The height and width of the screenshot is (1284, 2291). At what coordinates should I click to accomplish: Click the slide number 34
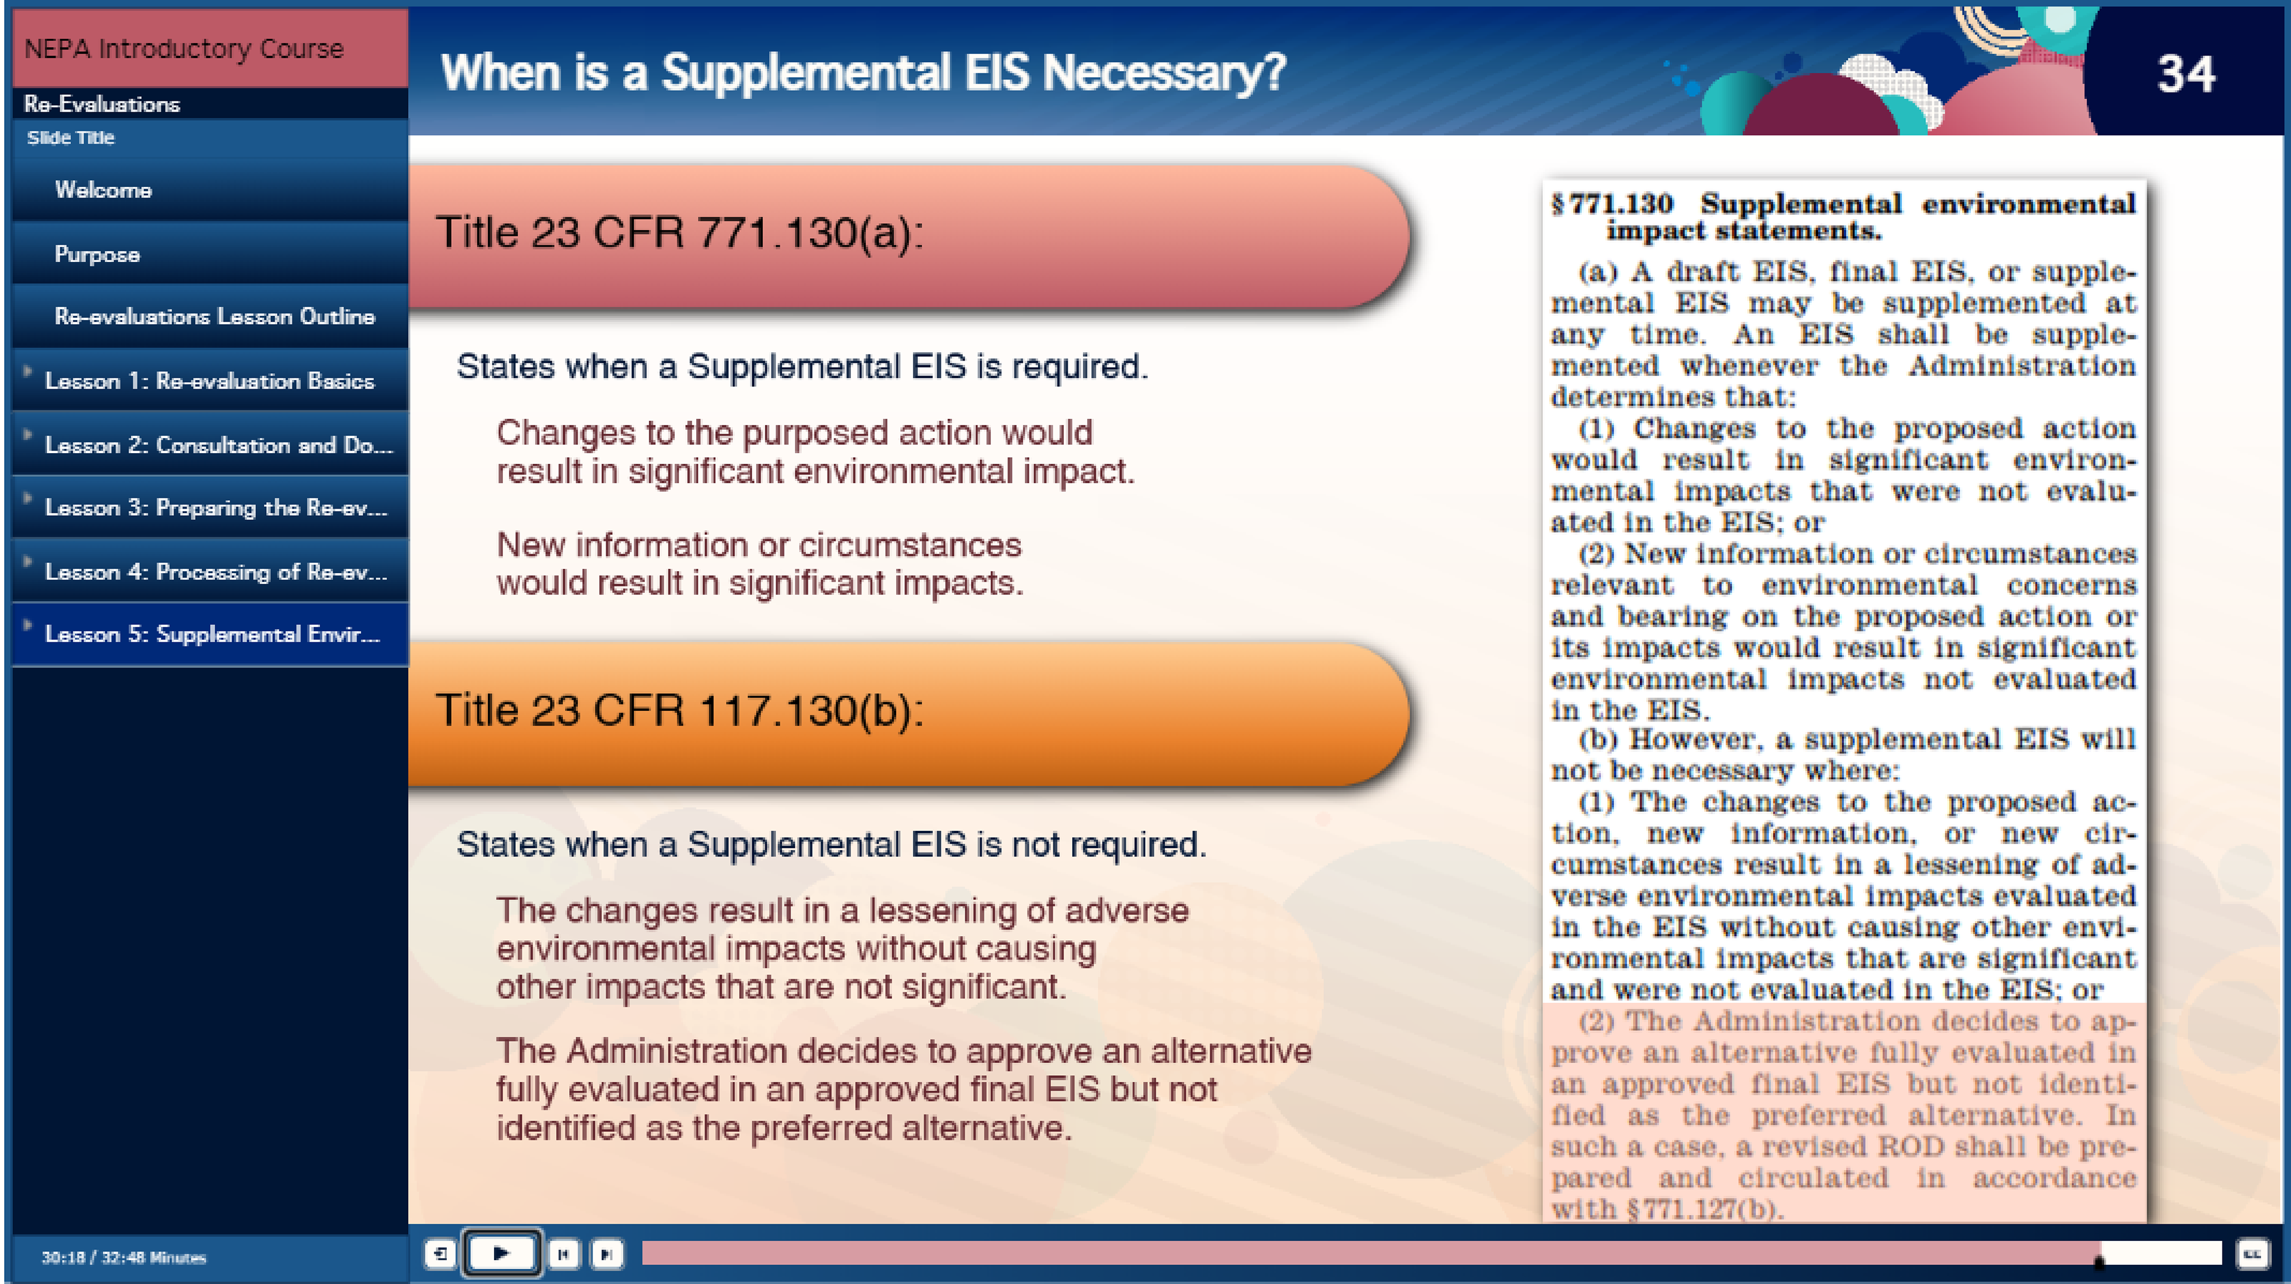tap(2186, 74)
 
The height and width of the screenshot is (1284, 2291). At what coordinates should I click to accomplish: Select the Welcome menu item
tap(103, 190)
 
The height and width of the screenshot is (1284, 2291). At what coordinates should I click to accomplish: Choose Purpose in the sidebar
tap(97, 254)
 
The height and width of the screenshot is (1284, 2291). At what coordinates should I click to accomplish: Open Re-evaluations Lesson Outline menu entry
tap(214, 316)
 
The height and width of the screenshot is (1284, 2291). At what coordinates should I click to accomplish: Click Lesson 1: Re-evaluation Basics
tap(210, 381)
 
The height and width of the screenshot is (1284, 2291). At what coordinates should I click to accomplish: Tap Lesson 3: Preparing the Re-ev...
tap(216, 507)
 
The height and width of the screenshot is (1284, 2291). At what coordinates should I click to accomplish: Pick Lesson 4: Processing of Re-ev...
tap(216, 571)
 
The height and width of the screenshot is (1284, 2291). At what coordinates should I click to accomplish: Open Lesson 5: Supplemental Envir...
tap(212, 633)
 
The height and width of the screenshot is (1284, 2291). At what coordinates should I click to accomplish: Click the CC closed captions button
tap(2252, 1254)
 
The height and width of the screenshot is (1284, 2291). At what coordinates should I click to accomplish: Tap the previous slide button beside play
tap(564, 1254)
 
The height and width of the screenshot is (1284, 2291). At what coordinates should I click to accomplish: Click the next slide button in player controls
tap(607, 1254)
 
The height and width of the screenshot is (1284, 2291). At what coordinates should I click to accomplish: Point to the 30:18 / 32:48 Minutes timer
tap(123, 1257)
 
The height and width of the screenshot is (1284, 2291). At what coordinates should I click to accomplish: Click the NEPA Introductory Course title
tap(184, 48)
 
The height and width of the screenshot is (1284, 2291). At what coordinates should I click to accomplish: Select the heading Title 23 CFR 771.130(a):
tap(680, 233)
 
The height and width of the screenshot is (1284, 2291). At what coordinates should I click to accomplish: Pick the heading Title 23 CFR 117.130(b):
tap(680, 711)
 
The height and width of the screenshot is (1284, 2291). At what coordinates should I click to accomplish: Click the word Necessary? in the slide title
tap(1164, 73)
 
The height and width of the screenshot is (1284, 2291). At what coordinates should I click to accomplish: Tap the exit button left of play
tap(440, 1254)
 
